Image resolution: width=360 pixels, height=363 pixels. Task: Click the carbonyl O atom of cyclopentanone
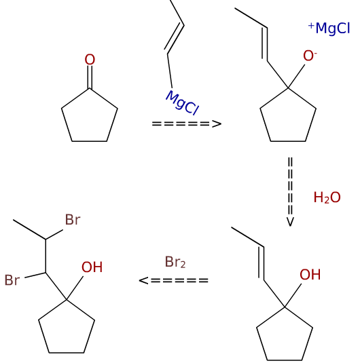coord(90,60)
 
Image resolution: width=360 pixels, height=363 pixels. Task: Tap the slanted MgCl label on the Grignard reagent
coord(183,102)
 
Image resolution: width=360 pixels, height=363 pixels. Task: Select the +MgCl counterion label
coord(329,28)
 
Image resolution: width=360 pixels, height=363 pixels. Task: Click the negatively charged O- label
coord(310,56)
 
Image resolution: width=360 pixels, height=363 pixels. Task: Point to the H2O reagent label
coord(327,197)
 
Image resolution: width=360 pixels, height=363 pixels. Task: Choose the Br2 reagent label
coord(175,263)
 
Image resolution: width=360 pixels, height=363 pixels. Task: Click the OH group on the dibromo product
coord(92,267)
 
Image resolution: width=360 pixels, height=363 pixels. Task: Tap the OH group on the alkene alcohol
coord(310,275)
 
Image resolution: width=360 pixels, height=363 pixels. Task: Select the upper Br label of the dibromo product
coord(73,219)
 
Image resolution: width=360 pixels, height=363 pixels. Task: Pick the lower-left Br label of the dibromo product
coord(12,280)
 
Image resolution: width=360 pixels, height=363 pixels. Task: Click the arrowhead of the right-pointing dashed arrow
coord(217,124)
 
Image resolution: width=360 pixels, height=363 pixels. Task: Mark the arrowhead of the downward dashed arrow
coord(290,222)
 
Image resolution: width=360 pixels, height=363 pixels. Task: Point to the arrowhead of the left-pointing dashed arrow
coord(143,280)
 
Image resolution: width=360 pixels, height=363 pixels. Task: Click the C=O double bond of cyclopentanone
coord(90,77)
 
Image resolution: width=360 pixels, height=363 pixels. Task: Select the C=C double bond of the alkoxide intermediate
coord(265,44)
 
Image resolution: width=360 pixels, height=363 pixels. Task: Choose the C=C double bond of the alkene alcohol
coord(262,263)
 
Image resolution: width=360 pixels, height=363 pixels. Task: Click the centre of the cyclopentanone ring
coord(90,118)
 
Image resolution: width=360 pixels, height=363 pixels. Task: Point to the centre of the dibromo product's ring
coord(67,330)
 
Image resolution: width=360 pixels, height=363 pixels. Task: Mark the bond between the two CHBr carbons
coord(46,256)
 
